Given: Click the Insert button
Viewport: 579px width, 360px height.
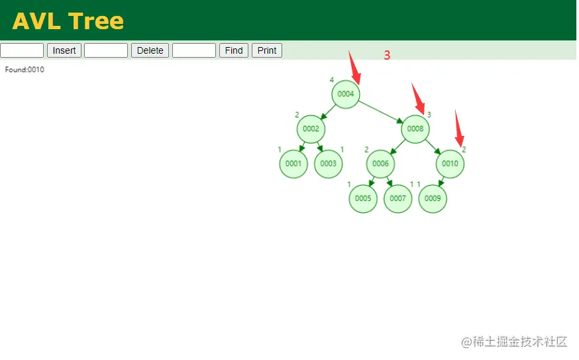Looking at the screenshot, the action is pos(64,50).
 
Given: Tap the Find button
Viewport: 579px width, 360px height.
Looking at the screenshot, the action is pos(234,50).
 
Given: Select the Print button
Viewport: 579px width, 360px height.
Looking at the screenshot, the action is pos(267,50).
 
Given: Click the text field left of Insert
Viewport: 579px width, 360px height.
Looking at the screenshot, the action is pos(22,50).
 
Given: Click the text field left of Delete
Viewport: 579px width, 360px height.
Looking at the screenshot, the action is pos(106,50).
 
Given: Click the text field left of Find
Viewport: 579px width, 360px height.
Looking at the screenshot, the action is pos(194,50).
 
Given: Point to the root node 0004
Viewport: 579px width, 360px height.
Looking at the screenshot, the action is pos(346,94).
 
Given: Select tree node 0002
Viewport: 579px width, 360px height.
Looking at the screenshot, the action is pos(311,129).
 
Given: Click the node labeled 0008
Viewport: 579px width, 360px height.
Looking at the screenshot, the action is pos(415,129).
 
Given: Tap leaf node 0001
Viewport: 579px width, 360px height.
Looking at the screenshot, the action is pos(293,164).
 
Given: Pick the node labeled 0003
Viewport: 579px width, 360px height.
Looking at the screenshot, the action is pos(329,164).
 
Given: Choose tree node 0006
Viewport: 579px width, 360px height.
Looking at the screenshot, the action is pos(380,164).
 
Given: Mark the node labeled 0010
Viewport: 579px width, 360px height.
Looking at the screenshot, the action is pos(450,164).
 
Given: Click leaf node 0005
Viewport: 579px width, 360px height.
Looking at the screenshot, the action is pos(363,198).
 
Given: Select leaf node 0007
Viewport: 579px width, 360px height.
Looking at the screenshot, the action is pos(397,198).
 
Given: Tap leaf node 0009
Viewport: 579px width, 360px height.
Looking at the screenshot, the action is pos(433,198).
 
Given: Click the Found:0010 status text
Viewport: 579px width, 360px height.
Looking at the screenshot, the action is pos(25,70).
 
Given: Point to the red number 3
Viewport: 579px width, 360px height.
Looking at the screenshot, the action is pos(387,55).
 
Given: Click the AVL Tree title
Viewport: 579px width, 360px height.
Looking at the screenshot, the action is pos(68,21).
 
